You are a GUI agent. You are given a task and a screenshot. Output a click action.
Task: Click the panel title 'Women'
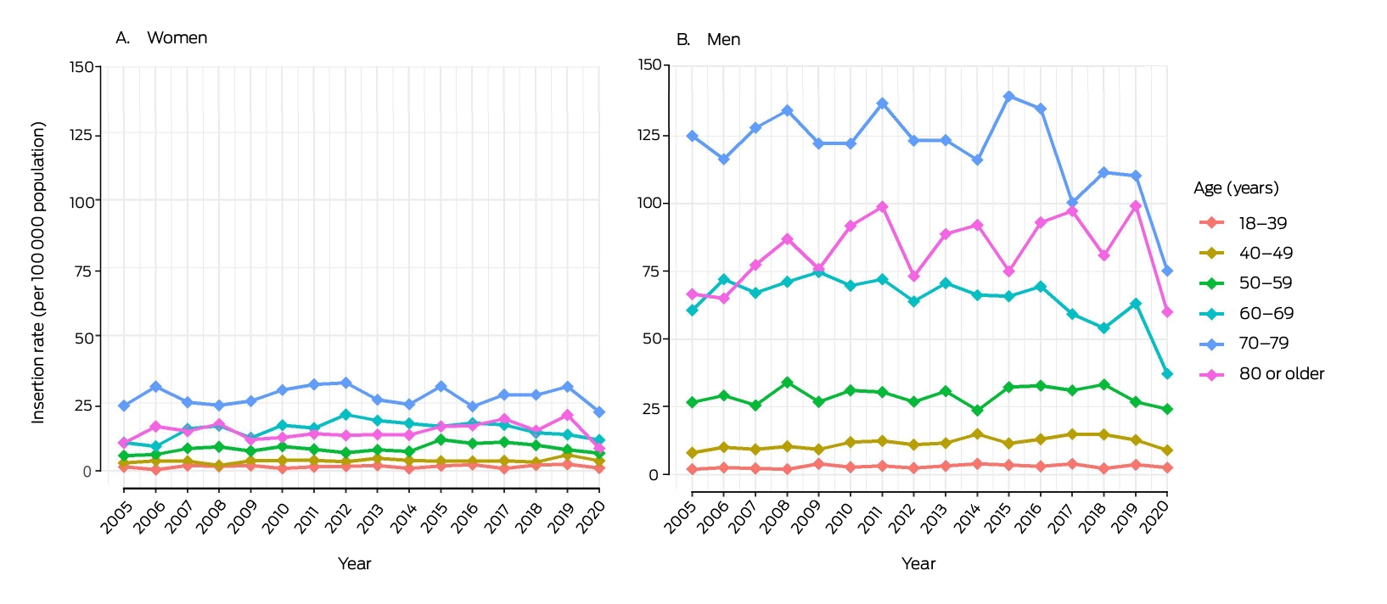pyautogui.click(x=177, y=37)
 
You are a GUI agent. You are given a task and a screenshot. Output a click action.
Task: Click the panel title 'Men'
pyautogui.click(x=723, y=40)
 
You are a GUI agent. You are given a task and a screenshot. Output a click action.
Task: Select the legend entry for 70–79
pyautogui.click(x=1244, y=344)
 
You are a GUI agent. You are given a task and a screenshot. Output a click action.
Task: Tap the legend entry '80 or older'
pyautogui.click(x=1262, y=374)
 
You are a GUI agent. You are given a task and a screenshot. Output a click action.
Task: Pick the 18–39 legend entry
pyautogui.click(x=1244, y=223)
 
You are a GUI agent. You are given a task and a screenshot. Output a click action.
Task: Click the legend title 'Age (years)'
pyautogui.click(x=1236, y=188)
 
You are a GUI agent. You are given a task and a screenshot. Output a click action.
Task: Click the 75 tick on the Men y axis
pyautogui.click(x=653, y=271)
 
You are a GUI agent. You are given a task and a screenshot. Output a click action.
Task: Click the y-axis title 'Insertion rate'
pyautogui.click(x=38, y=273)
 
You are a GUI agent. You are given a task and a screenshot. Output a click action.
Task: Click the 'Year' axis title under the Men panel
pyautogui.click(x=918, y=564)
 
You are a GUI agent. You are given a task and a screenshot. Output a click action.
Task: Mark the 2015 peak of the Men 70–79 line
pyautogui.click(x=1009, y=97)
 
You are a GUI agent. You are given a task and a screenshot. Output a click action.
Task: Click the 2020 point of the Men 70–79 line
pyautogui.click(x=1167, y=271)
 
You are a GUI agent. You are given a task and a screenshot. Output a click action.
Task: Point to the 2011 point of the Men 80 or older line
pyautogui.click(x=882, y=207)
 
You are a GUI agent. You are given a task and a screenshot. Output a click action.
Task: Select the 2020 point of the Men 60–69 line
pyautogui.click(x=1167, y=374)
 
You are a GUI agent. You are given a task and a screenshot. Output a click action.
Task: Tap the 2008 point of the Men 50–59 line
pyautogui.click(x=787, y=383)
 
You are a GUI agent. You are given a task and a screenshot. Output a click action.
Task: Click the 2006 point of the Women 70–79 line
pyautogui.click(x=155, y=387)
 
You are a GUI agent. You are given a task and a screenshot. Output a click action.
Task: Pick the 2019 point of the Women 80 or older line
pyautogui.click(x=567, y=415)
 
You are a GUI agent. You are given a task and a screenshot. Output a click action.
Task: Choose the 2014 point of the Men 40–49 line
pyautogui.click(x=977, y=434)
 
